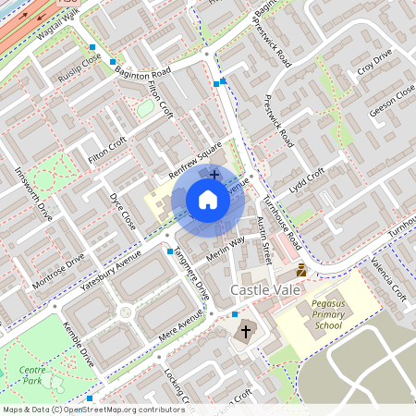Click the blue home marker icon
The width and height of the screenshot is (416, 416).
point(208,200)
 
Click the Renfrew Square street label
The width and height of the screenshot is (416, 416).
point(196,160)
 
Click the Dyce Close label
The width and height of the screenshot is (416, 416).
point(122,212)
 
